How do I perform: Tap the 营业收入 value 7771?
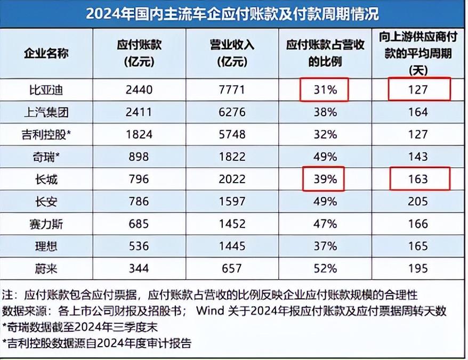[x=231, y=90]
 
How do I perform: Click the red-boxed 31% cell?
[x=324, y=90]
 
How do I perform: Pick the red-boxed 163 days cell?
[x=418, y=179]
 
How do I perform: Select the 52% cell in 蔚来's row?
[x=324, y=269]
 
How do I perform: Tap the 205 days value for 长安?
[x=418, y=202]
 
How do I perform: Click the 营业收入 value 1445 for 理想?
[x=231, y=247]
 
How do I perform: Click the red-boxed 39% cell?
[x=324, y=179]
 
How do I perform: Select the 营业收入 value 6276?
[x=231, y=112]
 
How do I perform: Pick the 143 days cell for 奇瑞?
[x=418, y=157]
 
